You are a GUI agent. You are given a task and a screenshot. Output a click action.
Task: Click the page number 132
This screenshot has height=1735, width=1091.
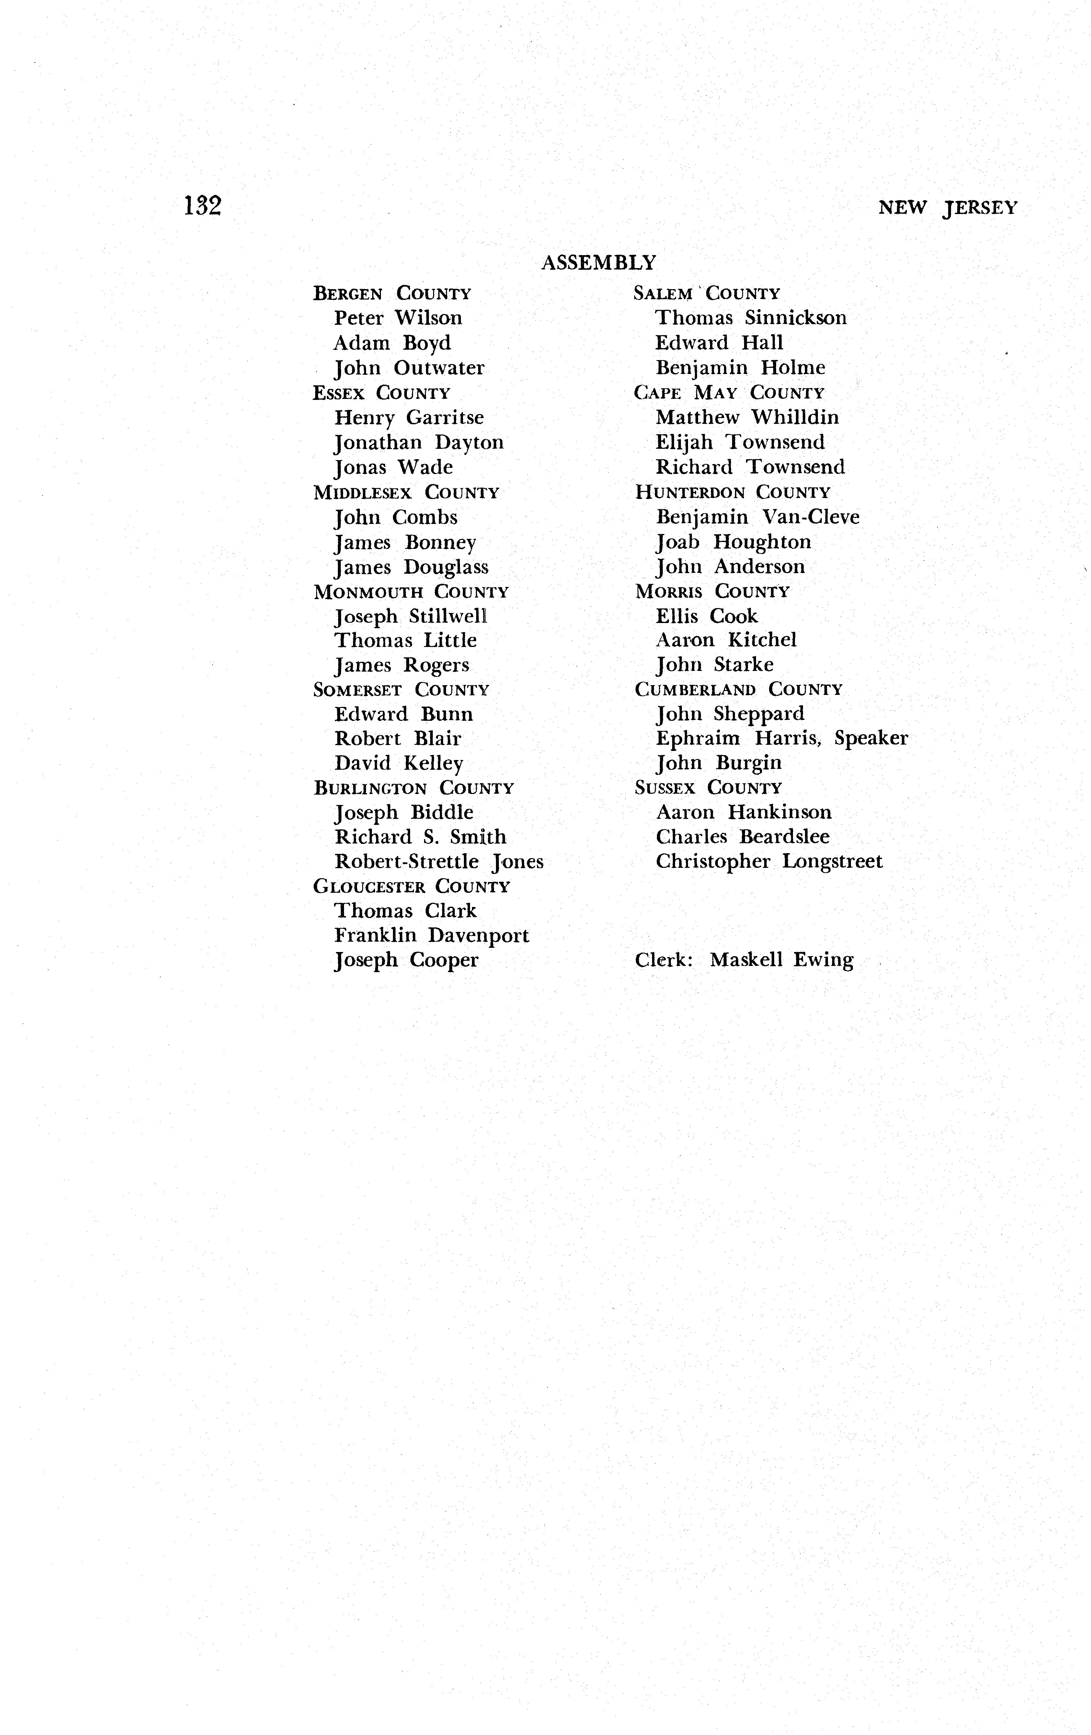pyautogui.click(x=202, y=206)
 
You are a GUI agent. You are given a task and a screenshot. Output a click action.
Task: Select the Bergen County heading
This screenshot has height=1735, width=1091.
pyautogui.click(x=392, y=294)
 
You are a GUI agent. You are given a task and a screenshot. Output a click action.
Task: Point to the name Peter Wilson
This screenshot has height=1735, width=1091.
pyautogui.click(x=398, y=318)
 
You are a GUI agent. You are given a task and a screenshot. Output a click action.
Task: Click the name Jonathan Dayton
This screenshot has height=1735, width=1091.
pyautogui.click(x=419, y=442)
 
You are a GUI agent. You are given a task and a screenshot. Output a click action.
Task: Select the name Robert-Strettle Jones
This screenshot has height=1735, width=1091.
pyautogui.click(x=439, y=862)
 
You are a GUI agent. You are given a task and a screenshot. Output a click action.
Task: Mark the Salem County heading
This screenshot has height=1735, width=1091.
pyautogui.click(x=706, y=294)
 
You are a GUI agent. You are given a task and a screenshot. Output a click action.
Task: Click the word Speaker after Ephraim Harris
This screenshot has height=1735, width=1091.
pyautogui.click(x=871, y=739)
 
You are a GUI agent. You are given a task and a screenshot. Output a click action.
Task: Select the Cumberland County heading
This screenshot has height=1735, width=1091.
pyautogui.click(x=738, y=689)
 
